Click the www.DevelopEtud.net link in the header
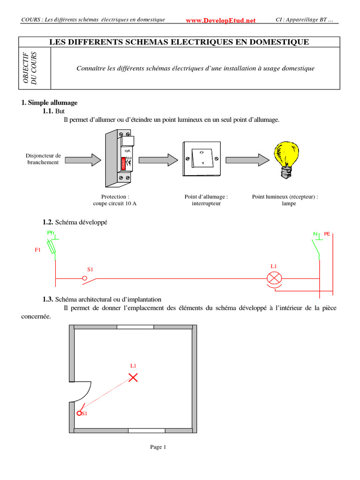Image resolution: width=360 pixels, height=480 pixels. click(221, 21)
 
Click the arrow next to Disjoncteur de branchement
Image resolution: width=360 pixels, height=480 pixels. click(82, 160)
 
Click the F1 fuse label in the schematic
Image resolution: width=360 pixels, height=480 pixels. click(38, 250)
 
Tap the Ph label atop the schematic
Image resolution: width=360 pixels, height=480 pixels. click(51, 233)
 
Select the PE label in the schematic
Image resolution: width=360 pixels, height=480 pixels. click(327, 233)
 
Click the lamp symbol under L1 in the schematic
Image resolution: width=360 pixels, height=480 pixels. click(274, 278)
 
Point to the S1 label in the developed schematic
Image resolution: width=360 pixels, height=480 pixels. click(90, 269)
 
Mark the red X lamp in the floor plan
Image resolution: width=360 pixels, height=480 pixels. click(134, 377)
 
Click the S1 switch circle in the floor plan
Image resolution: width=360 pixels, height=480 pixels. click(79, 413)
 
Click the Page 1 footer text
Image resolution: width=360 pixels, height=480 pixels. click(158, 447)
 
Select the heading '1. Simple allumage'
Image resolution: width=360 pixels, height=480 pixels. click(49, 103)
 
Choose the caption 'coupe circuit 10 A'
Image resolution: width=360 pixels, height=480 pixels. click(115, 204)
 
